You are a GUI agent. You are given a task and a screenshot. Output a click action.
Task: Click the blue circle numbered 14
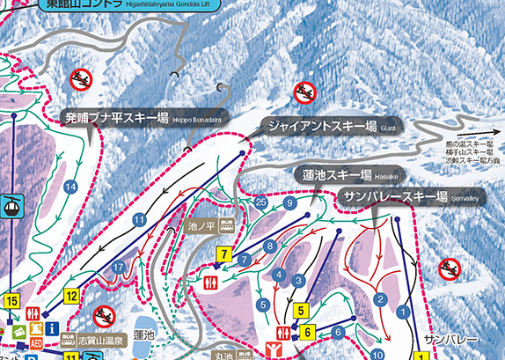[x=71, y=187]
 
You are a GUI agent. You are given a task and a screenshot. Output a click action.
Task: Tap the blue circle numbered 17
[x=119, y=267]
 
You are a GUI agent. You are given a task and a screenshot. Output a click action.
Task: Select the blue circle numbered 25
[x=260, y=202]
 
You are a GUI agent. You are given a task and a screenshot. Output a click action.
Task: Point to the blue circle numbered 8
[x=270, y=246]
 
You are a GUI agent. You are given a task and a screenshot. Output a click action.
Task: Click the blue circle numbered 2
[x=381, y=300]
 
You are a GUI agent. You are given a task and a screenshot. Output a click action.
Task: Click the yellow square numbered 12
[x=71, y=296]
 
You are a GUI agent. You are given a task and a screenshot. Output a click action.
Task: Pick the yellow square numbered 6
[x=308, y=332]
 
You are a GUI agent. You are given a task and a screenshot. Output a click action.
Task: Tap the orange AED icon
[x=36, y=343]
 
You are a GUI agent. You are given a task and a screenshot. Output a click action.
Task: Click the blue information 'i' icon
[x=52, y=328]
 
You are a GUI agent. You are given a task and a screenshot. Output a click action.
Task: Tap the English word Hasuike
[x=392, y=174]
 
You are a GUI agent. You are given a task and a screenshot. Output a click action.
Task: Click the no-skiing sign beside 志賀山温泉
[x=105, y=315]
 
